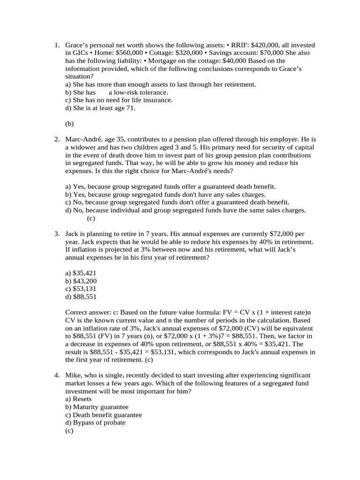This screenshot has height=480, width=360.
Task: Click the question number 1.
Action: (x=56, y=45)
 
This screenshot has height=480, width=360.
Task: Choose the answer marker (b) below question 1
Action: (x=70, y=124)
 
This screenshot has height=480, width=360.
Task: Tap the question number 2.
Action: (x=56, y=140)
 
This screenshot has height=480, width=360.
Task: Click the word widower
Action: (x=83, y=148)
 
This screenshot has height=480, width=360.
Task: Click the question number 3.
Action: (x=56, y=234)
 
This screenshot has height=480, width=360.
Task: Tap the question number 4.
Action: (x=56, y=375)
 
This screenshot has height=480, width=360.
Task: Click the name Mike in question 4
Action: (x=73, y=375)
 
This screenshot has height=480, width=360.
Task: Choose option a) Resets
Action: (x=78, y=399)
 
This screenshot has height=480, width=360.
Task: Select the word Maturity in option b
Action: (x=87, y=407)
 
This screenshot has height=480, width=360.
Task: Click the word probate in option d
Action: (x=114, y=422)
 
